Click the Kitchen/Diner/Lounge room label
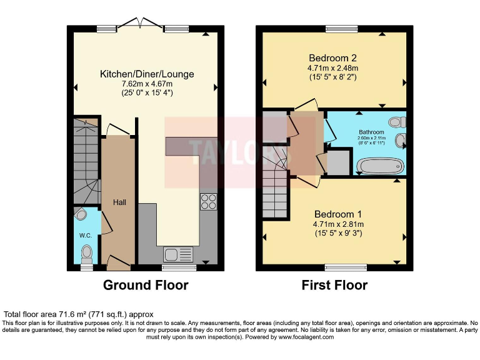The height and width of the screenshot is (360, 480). click(147, 74)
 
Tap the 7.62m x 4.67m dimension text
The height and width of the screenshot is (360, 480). click(147, 84)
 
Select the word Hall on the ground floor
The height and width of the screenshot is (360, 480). click(119, 202)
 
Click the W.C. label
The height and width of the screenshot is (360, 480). click(85, 236)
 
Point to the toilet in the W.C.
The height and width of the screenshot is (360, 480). click(86, 252)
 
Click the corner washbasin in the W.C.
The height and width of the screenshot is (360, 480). click(79, 215)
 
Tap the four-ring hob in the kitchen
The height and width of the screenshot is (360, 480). click(208, 201)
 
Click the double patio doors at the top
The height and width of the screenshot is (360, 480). click(141, 24)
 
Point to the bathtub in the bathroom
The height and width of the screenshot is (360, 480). click(380, 166)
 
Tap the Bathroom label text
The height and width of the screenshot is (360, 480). click(371, 132)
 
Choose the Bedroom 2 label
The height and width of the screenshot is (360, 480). click(332, 57)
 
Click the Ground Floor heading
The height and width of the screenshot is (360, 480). click(146, 286)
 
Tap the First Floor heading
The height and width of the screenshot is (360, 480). click(334, 286)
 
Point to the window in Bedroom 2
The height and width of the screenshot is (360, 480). click(341, 28)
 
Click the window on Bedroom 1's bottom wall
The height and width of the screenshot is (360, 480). click(341, 267)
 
